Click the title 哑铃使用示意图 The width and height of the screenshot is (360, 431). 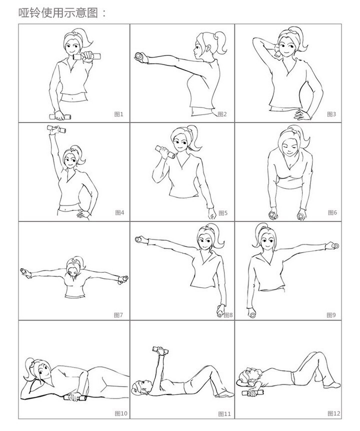pos(58,13)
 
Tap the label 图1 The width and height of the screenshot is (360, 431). pos(118,114)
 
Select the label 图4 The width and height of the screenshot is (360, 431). pos(119,212)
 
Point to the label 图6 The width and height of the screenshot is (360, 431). pos(332,212)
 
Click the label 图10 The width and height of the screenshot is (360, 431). pos(121,413)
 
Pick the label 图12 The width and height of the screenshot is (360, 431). pos(334,413)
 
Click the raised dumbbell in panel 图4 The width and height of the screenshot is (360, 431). pos(56,129)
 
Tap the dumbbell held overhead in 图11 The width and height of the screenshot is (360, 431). pos(160,350)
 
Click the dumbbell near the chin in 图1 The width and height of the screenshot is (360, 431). pos(87,56)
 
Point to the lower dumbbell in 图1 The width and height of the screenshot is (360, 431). pos(60,117)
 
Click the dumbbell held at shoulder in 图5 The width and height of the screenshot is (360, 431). pos(165,152)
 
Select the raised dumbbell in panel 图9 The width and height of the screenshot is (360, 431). pos(334,245)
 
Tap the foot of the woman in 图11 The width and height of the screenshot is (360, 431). pos(224,394)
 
